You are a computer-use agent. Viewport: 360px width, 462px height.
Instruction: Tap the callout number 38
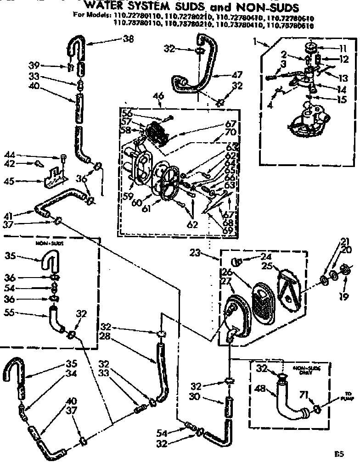coord(128,39)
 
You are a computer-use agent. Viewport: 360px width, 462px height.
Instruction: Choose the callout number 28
coord(105,338)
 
